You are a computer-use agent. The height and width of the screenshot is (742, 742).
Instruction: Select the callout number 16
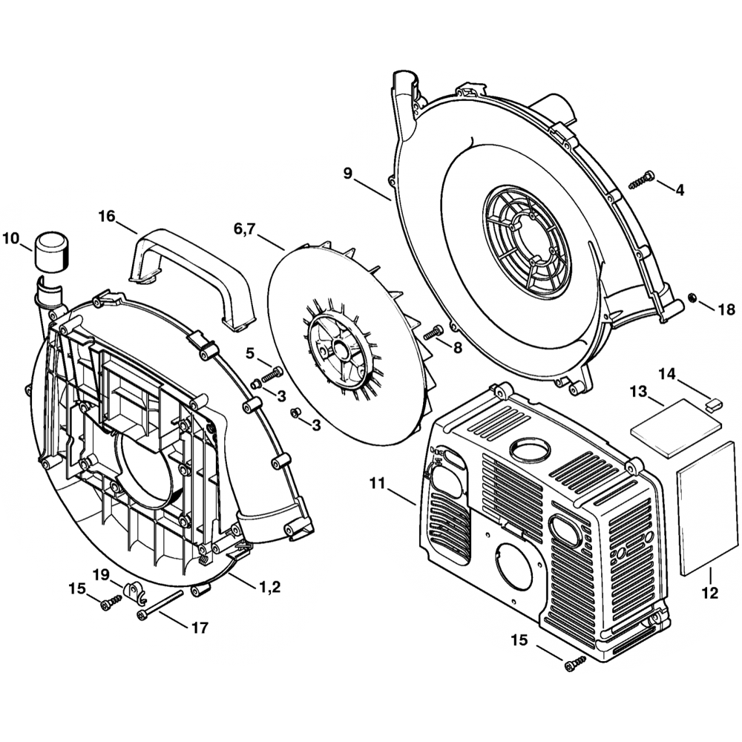pos(107,216)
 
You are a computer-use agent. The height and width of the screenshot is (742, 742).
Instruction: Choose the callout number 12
pos(709,593)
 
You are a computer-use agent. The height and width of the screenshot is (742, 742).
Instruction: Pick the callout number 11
pos(378,483)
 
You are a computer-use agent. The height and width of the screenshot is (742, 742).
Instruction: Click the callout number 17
pos(199,628)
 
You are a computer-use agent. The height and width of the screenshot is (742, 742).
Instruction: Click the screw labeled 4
pos(641,179)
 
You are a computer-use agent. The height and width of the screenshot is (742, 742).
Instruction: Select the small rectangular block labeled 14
pos(714,404)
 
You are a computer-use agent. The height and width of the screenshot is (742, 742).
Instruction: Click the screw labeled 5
pos(273,372)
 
